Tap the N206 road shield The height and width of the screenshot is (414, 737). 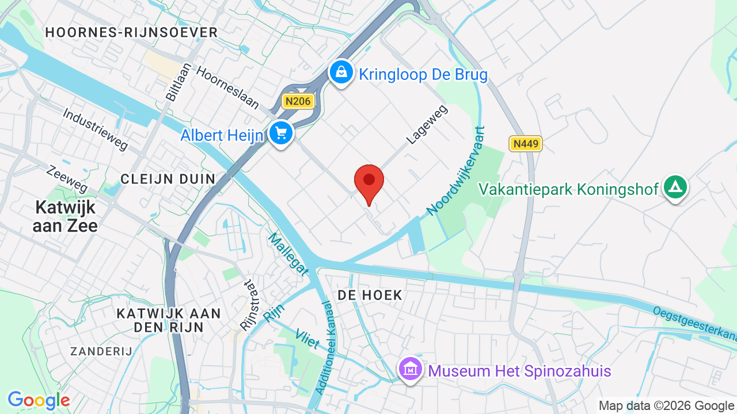point(298,102)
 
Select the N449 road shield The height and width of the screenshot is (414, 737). point(525,143)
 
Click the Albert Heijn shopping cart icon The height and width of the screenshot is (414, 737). point(281,133)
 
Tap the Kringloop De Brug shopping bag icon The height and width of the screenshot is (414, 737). point(341,72)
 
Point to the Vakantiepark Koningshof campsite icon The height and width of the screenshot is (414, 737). point(675,187)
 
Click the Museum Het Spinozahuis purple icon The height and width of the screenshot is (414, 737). point(411,369)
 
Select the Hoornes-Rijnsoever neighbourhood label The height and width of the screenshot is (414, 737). point(131,32)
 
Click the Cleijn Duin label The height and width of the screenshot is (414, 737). point(168,179)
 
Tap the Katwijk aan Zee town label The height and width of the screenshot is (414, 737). point(64,216)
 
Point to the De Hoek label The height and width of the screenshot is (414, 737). point(370,296)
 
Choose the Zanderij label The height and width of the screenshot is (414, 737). point(101,351)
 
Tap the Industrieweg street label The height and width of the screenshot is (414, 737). point(96,129)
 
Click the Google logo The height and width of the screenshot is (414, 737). point(39,400)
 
